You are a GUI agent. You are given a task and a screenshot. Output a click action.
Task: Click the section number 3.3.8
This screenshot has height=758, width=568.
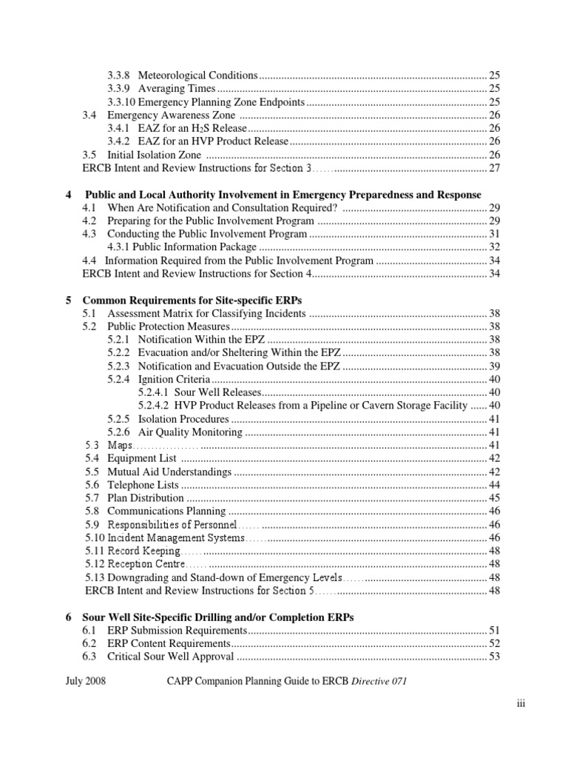[119, 76]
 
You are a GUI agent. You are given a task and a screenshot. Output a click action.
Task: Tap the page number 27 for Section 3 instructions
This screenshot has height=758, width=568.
[495, 169]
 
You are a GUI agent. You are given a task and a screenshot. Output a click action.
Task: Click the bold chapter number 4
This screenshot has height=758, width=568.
[69, 195]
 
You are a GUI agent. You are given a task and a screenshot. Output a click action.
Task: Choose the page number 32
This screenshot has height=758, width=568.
[495, 247]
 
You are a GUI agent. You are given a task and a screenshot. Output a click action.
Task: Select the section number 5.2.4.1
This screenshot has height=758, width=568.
[153, 392]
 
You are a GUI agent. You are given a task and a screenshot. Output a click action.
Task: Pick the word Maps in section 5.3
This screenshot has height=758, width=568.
[119, 445]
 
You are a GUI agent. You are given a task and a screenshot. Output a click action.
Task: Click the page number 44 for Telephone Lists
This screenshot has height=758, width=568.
[495, 485]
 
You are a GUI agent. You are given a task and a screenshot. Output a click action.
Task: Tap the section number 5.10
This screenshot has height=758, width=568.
[94, 537]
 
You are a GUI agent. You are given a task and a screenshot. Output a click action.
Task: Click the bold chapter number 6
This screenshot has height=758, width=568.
[69, 617]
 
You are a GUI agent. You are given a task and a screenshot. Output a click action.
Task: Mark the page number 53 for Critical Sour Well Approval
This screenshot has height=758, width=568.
[495, 657]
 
